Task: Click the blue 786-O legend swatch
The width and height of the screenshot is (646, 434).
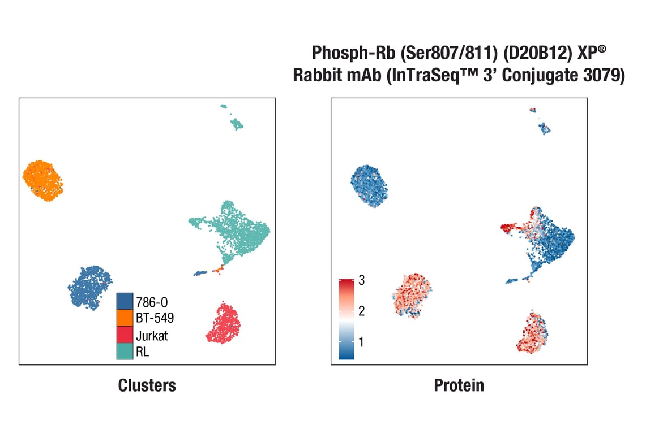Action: click(x=125, y=301)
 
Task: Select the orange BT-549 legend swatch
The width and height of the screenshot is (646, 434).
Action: click(x=125, y=318)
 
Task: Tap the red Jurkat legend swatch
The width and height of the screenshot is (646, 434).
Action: click(x=125, y=335)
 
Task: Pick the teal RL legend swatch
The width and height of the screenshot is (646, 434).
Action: click(x=125, y=351)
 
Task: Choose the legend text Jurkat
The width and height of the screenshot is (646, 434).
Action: click(x=152, y=335)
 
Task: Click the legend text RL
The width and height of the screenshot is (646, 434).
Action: click(x=142, y=351)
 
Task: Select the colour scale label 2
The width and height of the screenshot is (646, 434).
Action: click(x=362, y=311)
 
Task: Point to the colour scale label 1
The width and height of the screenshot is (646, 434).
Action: click(x=362, y=342)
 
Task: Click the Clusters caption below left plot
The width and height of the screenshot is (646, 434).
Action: click(x=147, y=385)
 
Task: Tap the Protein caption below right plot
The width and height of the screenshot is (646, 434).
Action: click(x=459, y=385)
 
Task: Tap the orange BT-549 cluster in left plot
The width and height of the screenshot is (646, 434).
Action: click(x=42, y=180)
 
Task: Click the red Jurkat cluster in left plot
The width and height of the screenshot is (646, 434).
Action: click(x=225, y=324)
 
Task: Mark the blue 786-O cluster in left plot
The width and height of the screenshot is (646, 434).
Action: click(x=90, y=287)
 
